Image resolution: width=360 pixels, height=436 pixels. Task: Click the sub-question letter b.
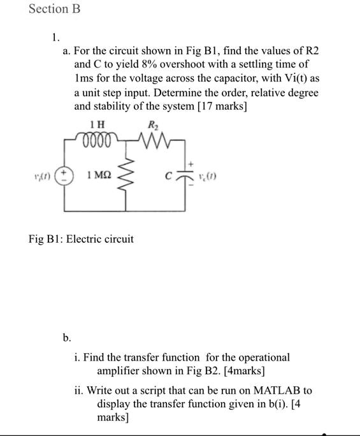coord(66,337)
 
